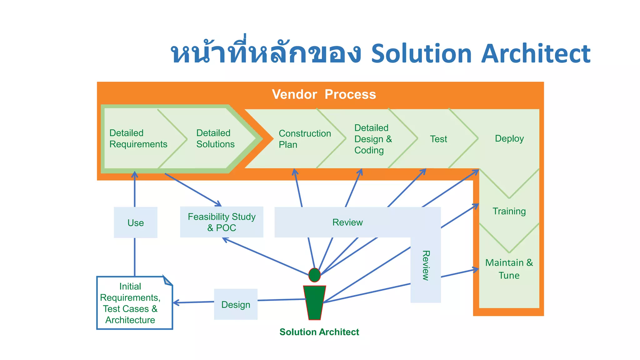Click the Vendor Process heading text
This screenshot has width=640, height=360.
pos(324,94)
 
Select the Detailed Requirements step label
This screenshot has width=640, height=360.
pos(138,138)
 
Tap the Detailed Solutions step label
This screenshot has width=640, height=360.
pos(215,138)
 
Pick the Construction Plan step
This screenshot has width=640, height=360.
pos(304,139)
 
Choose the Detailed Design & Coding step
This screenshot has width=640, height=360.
pos(372,139)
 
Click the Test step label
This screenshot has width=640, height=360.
pos(438,139)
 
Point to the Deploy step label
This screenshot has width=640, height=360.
pos(509,138)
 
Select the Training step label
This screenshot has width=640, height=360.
pos(509,211)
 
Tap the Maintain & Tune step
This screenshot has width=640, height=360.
pos(509,269)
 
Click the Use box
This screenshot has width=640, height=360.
pos(136,222)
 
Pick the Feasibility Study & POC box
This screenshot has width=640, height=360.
pos(222,222)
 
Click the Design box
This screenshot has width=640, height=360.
pos(236,304)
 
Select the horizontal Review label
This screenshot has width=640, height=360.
pos(347,222)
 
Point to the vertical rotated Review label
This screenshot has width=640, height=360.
pos(426,265)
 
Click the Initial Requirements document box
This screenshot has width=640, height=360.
pos(130,303)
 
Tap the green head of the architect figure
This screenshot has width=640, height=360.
pos(314,275)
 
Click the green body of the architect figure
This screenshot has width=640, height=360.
pos(314,302)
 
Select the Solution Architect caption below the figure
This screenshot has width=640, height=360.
pos(319,332)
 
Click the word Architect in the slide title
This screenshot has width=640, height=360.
pos(535,54)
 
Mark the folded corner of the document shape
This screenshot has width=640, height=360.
pos(168,281)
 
